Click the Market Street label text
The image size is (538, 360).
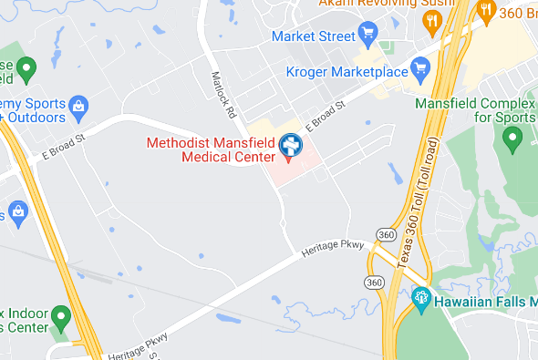coord(312,36)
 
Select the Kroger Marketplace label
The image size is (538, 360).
coord(346,70)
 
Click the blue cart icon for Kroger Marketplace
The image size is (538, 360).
coord(420,67)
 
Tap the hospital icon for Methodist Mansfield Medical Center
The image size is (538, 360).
coord(291,145)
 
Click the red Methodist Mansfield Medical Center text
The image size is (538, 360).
coord(211,149)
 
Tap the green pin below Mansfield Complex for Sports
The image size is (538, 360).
coord(512,139)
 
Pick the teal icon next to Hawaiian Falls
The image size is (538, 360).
coord(420,297)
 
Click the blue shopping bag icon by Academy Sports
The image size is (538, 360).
coord(78,108)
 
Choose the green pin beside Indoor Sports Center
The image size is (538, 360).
coord(61,318)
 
